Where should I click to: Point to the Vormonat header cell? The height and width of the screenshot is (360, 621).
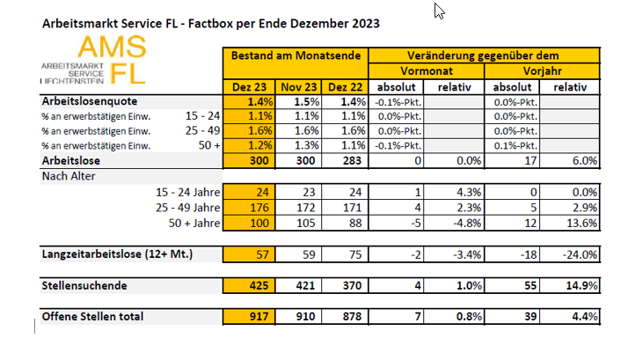coord(425,70)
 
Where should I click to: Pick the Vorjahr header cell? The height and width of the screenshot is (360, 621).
coord(542,70)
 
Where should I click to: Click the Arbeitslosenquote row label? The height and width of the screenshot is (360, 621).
coord(88,101)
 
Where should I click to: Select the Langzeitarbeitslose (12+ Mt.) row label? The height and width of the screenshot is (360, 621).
coord(117,253)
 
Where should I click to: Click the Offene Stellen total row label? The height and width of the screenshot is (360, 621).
coord(92,316)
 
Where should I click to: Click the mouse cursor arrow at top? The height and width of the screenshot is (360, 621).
coord(439,11)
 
